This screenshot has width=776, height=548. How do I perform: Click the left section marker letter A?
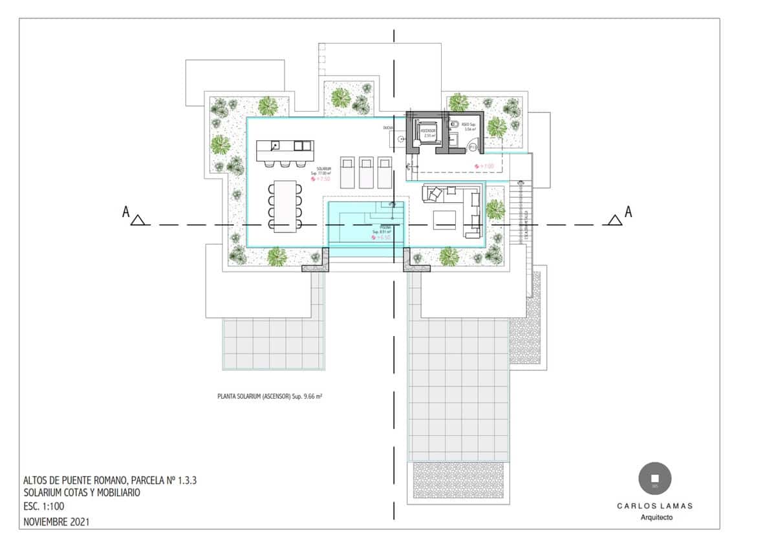coord(126,211)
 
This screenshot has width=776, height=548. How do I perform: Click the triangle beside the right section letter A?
coord(614,220)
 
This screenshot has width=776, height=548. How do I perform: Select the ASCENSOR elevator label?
coord(428,131)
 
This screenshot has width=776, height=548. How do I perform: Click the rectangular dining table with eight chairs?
coord(285,205)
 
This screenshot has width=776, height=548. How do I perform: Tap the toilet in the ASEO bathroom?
coord(454,124)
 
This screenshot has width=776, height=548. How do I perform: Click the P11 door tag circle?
coord(473,147)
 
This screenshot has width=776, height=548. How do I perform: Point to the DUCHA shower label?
coord(388,128)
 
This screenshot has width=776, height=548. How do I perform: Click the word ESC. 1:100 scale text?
coord(44,507)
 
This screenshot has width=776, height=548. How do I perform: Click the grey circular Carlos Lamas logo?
coord(654,479)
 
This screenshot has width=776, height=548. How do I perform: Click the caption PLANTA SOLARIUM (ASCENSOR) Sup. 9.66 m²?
coord(270,395)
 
